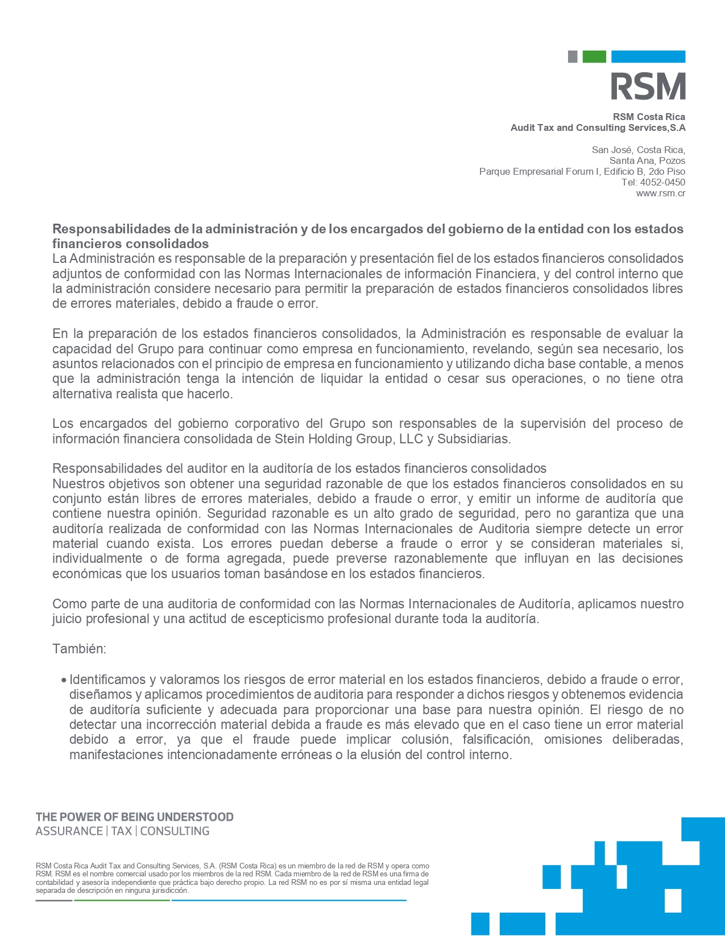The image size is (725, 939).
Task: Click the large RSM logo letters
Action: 648,87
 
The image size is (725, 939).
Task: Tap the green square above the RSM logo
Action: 594,56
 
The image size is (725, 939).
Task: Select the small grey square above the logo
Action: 573,56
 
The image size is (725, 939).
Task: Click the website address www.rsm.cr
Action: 660,193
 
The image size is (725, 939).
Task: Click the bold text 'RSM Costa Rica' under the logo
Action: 649,117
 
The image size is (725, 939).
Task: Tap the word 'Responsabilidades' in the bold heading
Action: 111,229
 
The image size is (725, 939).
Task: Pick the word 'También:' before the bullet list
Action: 79,649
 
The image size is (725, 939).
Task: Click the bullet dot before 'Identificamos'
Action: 64,680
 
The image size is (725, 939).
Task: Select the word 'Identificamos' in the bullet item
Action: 107,679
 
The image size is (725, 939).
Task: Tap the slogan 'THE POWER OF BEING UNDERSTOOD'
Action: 134,817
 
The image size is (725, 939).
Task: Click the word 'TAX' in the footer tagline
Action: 122,831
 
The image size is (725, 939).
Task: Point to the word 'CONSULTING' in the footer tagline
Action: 175,831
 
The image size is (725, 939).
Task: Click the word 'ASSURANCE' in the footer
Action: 69,831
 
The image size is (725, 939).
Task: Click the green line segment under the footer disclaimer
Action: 122,900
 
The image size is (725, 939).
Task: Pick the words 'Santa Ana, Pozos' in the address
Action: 647,161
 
